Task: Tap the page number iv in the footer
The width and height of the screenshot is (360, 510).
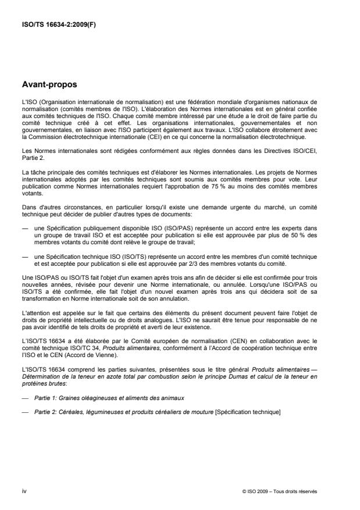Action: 24,491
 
